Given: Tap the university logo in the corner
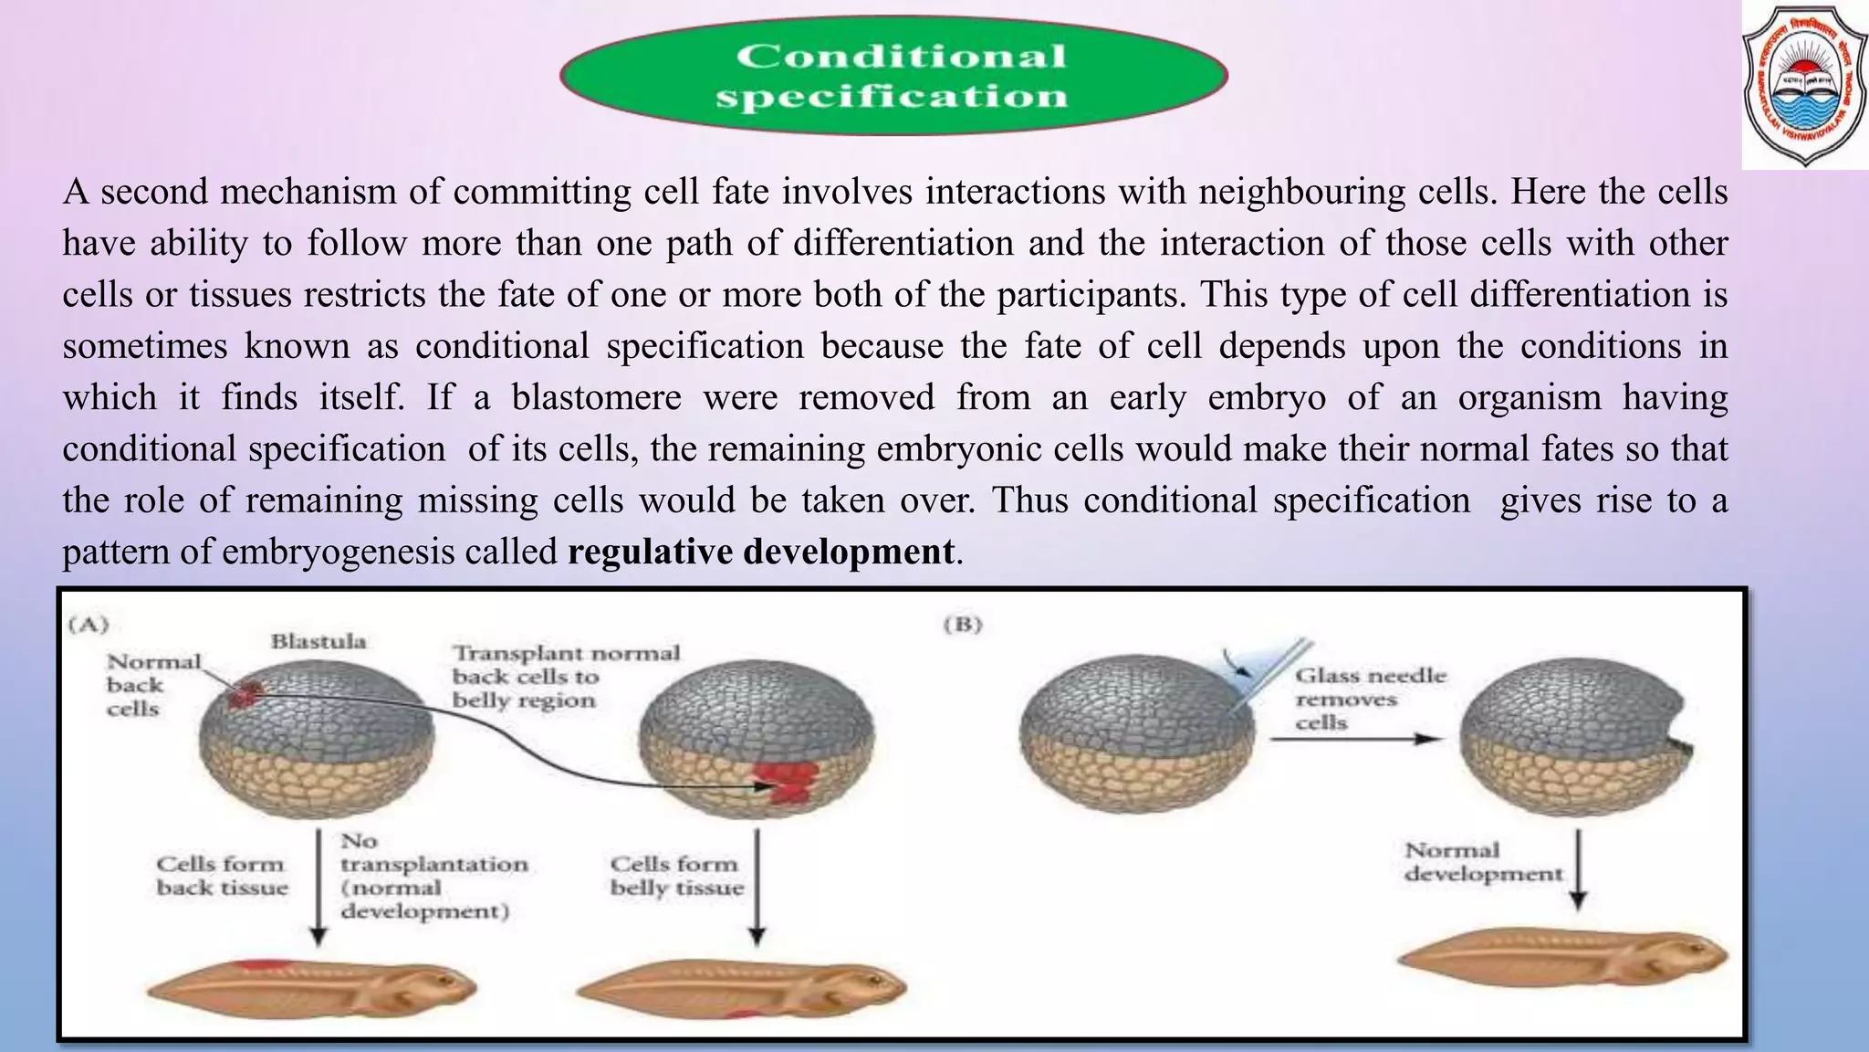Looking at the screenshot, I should click(x=1804, y=85).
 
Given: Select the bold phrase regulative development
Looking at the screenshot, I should click(x=761, y=552).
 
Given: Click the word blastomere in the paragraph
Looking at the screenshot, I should click(x=596, y=397).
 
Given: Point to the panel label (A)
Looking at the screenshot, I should click(x=89, y=625).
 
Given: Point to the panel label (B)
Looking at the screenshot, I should click(x=962, y=625).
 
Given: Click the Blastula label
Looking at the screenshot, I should click(x=318, y=641).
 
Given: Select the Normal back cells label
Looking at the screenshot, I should click(x=152, y=685).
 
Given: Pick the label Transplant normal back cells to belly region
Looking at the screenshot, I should click(x=566, y=677).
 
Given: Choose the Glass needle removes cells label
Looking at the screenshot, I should click(x=1370, y=699).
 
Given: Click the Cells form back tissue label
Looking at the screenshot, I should click(x=221, y=876).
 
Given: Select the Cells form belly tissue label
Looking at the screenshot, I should click(x=676, y=876).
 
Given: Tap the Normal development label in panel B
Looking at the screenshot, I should click(x=1482, y=862).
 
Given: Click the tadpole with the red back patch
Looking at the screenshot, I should click(x=310, y=985).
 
